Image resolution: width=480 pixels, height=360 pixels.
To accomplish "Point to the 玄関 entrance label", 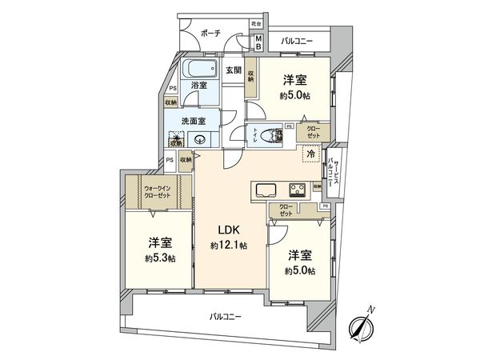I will [233, 70].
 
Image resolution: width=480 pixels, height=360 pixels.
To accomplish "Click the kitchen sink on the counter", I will [265, 190].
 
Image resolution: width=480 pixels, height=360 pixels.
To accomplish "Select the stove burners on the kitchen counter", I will [297, 190].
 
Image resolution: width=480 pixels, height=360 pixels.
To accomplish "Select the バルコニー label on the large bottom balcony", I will [226, 316].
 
